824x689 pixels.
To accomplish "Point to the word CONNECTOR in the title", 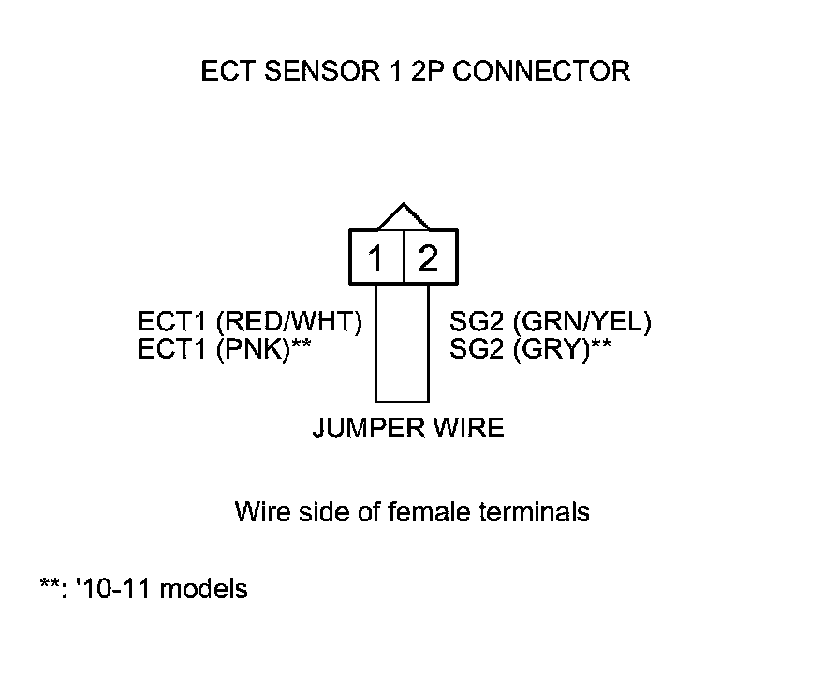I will click(x=542, y=71).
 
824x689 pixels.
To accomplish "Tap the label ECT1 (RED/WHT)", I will click(x=250, y=323).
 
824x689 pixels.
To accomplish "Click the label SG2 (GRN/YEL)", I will click(x=551, y=323).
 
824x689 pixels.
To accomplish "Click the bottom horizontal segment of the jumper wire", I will click(x=403, y=401).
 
